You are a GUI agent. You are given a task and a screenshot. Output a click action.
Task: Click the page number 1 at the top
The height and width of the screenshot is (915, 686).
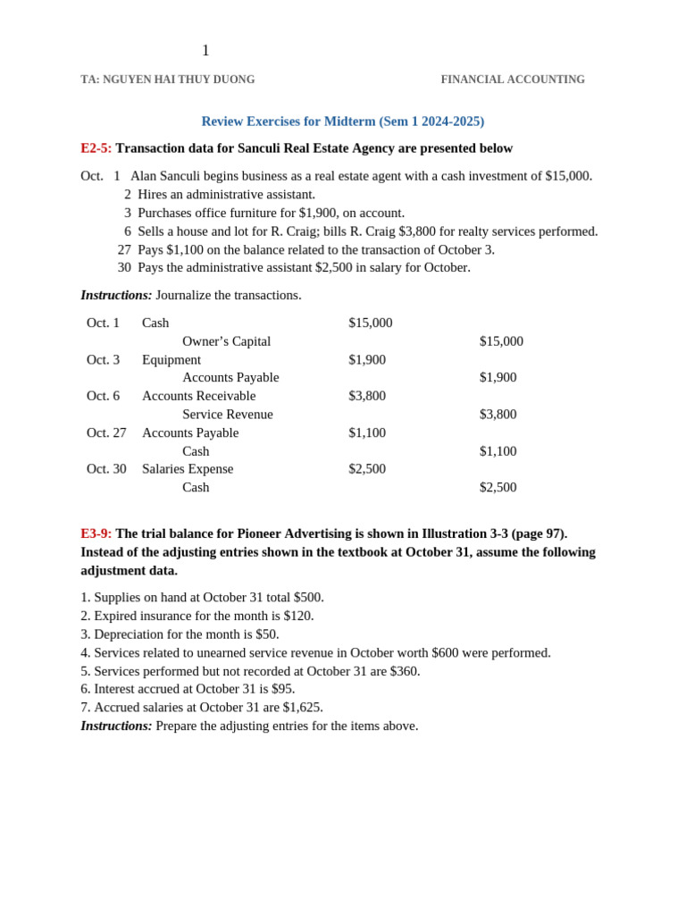pos(205,51)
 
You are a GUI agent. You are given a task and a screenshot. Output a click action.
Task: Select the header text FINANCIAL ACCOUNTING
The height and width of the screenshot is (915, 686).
pos(513,80)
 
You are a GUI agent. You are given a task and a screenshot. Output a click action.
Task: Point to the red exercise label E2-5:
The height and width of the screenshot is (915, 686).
pos(96,148)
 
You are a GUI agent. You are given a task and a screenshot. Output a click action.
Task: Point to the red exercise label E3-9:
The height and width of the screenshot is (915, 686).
pos(96,533)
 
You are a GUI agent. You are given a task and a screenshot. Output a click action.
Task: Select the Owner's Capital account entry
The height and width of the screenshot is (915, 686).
pos(226,341)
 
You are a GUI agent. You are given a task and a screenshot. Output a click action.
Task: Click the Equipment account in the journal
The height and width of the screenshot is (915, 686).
pos(171,359)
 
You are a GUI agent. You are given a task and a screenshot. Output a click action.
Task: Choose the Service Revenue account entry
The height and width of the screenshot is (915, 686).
pos(227,415)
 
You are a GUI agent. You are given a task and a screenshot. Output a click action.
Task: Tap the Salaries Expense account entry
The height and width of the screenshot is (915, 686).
pos(187,469)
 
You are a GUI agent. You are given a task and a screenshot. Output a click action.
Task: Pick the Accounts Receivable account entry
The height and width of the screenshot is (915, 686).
pos(198,396)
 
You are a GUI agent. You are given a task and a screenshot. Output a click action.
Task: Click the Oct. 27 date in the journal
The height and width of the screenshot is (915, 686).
pos(106,432)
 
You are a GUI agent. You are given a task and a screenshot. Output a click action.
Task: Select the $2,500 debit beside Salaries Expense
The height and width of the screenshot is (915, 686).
pos(367,469)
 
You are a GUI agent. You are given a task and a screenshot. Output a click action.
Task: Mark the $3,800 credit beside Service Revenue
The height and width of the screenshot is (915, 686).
pos(498,415)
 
